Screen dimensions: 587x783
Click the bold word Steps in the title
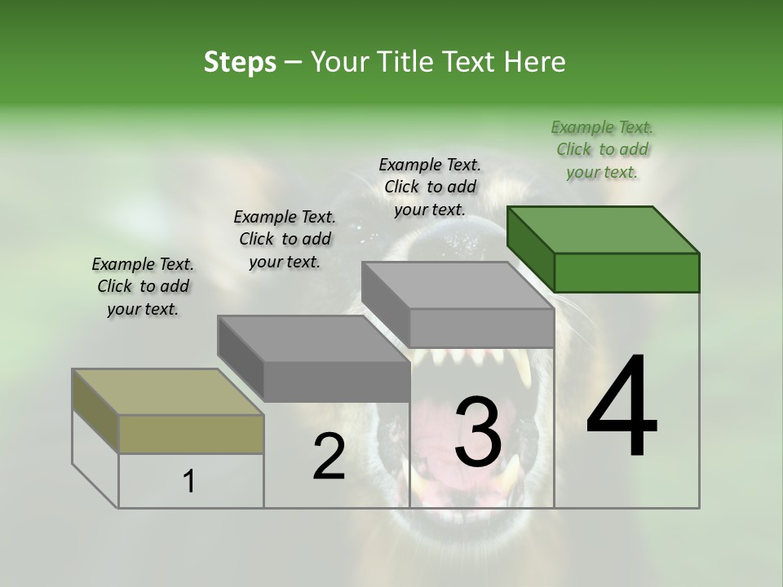pyautogui.click(x=240, y=62)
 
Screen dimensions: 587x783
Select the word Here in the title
pyautogui.click(x=534, y=62)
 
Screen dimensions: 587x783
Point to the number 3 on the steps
pyautogui.click(x=478, y=431)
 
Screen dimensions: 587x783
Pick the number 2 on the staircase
pyautogui.click(x=329, y=457)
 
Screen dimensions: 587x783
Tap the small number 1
pyautogui.click(x=189, y=482)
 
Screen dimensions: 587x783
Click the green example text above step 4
pyautogui.click(x=602, y=149)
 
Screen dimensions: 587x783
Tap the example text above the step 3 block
pyautogui.click(x=430, y=187)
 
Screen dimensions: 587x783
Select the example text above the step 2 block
pyautogui.click(x=285, y=239)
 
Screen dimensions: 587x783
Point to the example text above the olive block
pyautogui.click(x=143, y=286)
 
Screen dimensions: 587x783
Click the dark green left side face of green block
pyautogui.click(x=530, y=249)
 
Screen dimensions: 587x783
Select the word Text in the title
pyautogui.click(x=469, y=62)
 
